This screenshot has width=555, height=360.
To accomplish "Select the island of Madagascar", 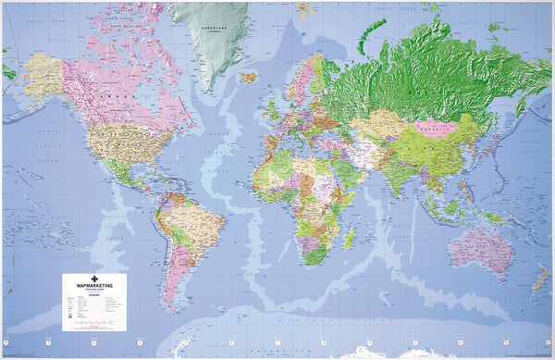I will [x=349, y=239].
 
